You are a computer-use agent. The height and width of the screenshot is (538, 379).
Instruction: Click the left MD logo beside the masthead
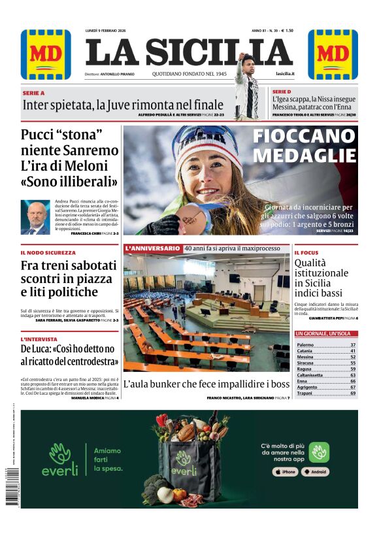(x=46, y=54)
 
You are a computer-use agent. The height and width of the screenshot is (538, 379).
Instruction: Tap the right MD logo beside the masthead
(x=333, y=54)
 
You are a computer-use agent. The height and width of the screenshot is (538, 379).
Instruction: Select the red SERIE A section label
(x=33, y=93)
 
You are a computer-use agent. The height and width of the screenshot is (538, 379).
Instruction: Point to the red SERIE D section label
(x=282, y=92)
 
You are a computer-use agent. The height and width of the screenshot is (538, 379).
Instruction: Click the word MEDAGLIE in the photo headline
(x=305, y=156)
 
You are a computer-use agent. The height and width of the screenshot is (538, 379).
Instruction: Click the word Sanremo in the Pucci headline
(x=88, y=151)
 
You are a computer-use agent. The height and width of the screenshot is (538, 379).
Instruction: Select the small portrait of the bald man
(x=35, y=217)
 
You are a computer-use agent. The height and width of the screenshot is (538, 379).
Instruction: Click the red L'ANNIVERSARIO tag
(x=152, y=248)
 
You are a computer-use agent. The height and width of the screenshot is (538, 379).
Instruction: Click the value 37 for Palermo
(x=353, y=345)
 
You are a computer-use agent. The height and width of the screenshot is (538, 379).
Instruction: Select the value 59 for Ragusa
(x=353, y=369)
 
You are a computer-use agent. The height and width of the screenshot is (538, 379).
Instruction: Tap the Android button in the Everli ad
(x=315, y=471)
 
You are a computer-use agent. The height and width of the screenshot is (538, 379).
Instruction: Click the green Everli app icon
(x=319, y=452)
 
